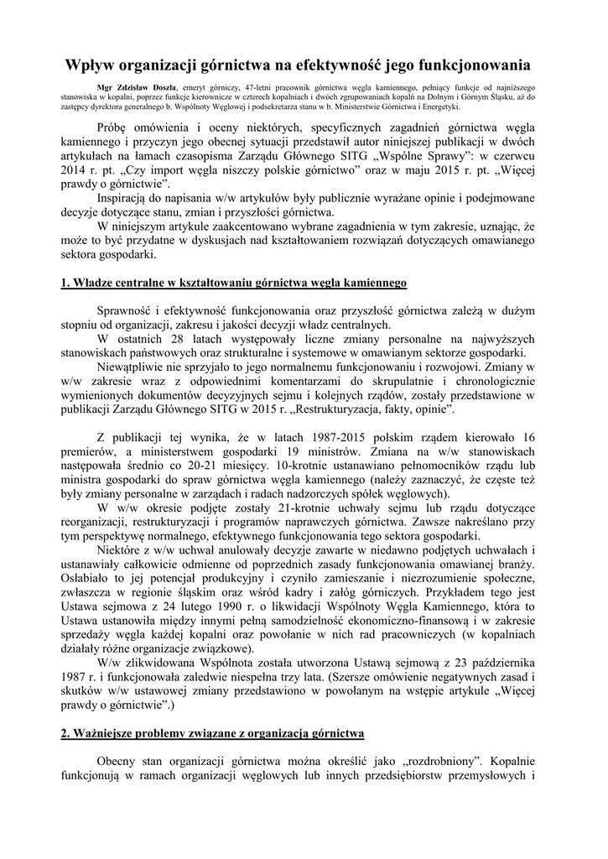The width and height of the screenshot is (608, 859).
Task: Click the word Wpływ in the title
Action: [93, 64]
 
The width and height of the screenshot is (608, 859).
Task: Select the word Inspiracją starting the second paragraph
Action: [128, 198]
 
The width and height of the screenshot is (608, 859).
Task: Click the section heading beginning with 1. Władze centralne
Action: [234, 284]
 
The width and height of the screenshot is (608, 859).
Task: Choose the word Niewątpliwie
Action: [137, 367]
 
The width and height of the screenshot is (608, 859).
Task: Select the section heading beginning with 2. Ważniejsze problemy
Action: [213, 734]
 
